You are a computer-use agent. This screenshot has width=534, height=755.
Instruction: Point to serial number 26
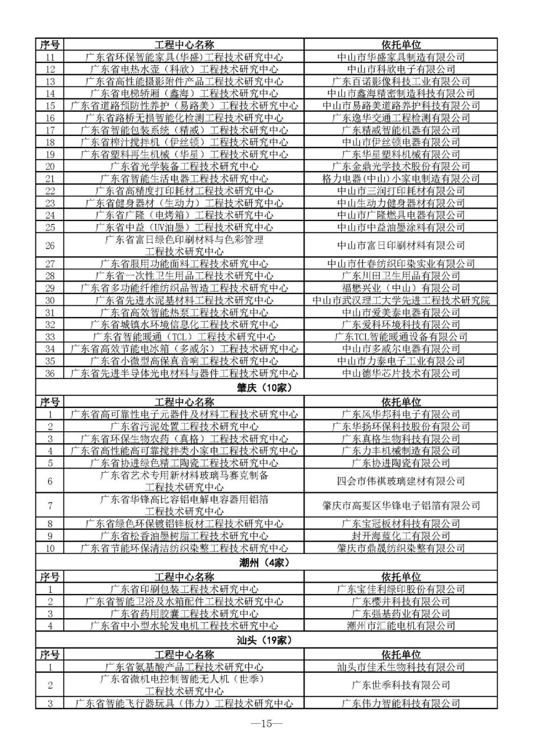pyautogui.click(x=50, y=246)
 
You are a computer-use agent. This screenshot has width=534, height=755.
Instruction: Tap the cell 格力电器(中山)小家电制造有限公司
pyautogui.click(x=401, y=179)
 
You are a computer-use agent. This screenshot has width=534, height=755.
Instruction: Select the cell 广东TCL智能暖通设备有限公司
pyautogui.click(x=401, y=337)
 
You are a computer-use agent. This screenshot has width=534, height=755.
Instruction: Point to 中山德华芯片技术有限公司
pyautogui.click(x=401, y=373)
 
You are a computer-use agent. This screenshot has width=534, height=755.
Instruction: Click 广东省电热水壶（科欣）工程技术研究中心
pyautogui.click(x=184, y=69)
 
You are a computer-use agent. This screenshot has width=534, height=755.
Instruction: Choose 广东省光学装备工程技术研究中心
pyautogui.click(x=184, y=167)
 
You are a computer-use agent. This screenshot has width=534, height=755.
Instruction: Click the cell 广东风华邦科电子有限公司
pyautogui.click(x=401, y=414)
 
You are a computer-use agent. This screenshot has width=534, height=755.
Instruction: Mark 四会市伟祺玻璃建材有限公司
pyautogui.click(x=401, y=481)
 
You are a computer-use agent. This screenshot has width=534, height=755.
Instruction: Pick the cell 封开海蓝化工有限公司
pyautogui.click(x=401, y=536)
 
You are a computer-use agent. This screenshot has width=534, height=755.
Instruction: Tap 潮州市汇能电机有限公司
pyautogui.click(x=401, y=626)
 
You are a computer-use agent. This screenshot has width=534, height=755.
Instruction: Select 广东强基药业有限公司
pyautogui.click(x=401, y=614)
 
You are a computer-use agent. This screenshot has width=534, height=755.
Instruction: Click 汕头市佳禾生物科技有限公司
pyautogui.click(x=401, y=667)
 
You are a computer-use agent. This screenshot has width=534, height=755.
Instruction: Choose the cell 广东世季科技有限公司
pyautogui.click(x=401, y=685)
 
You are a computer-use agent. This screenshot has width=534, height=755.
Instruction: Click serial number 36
pyautogui.click(x=50, y=373)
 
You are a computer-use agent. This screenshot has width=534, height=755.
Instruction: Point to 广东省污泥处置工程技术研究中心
pyautogui.click(x=184, y=427)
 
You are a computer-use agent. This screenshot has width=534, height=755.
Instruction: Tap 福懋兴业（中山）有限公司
pyautogui.click(x=401, y=288)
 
